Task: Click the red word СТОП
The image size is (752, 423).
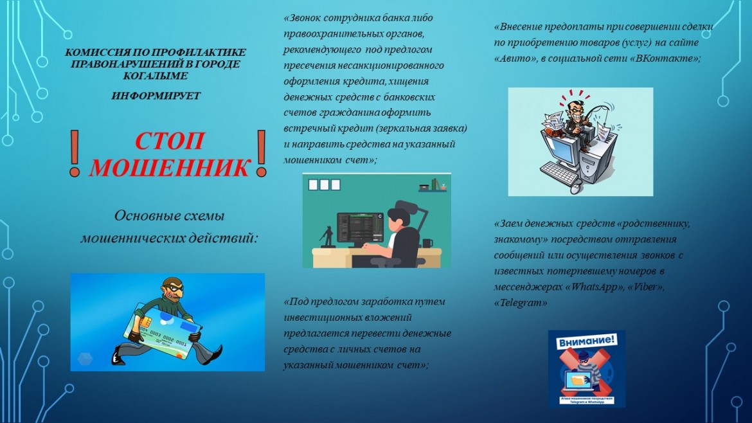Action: (169, 141)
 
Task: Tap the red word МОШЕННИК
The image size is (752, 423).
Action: (169, 167)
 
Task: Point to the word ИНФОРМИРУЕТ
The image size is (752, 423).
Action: (156, 96)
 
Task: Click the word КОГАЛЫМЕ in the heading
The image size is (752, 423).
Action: (156, 76)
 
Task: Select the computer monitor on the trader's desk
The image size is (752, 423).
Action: (361, 228)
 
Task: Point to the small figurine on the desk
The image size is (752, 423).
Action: (327, 237)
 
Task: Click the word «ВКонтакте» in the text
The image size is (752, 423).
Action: (665, 59)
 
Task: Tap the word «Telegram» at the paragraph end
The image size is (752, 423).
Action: (521, 303)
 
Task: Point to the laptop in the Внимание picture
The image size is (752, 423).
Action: (579, 381)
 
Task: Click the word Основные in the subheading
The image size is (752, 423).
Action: (145, 216)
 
